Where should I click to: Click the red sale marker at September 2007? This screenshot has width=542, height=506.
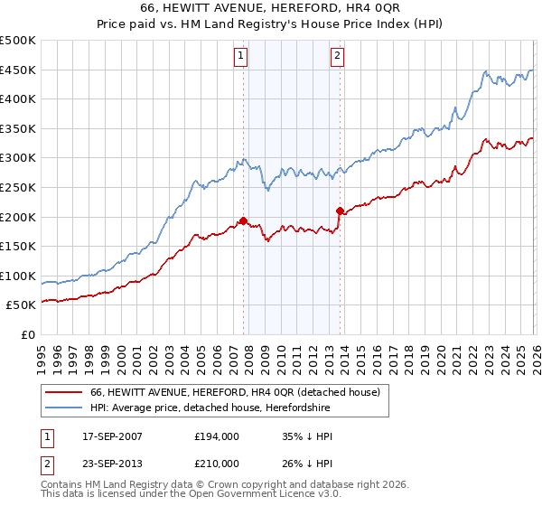click(243, 220)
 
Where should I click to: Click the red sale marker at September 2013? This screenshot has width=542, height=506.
click(340, 211)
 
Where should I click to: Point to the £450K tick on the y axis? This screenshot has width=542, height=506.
click(19, 70)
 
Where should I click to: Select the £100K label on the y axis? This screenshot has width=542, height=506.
click(19, 276)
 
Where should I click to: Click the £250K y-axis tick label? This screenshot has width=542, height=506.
click(19, 188)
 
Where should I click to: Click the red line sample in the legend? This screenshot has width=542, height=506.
click(63, 393)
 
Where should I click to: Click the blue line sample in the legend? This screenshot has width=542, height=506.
click(63, 408)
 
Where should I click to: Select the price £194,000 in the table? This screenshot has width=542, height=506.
click(216, 436)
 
